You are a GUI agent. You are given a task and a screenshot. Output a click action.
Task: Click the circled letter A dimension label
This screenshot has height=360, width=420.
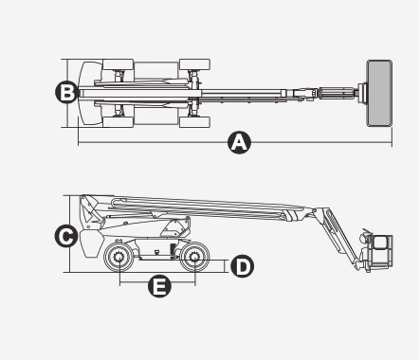click(239, 143)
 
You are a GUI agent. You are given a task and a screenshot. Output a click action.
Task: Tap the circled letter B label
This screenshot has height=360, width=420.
click(66, 92)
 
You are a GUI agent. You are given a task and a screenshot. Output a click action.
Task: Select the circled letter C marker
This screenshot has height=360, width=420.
click(66, 236)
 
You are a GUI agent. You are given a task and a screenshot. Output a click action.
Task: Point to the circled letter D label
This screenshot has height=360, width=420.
click(242, 266)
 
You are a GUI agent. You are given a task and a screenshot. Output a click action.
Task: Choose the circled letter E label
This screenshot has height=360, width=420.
click(159, 286)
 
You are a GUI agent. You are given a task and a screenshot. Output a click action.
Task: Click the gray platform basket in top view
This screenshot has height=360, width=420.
click(379, 94)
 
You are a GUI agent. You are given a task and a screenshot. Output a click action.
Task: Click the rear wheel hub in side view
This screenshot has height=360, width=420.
click(119, 257)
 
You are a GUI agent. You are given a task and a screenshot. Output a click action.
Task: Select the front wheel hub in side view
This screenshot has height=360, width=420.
click(194, 257)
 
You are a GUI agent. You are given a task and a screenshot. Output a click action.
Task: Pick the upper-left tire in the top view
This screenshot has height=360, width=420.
click(118, 64)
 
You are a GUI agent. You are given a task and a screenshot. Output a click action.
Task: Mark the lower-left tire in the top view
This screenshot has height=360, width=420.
click(118, 122)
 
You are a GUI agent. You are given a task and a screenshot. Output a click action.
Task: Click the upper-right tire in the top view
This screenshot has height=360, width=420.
click(194, 64)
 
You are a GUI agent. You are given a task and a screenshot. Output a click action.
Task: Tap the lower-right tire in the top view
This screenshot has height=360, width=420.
click(194, 122)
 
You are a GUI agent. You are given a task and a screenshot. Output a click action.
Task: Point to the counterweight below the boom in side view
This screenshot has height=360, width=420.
click(91, 243)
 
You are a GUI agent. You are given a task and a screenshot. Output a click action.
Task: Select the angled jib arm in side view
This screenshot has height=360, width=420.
click(339, 237)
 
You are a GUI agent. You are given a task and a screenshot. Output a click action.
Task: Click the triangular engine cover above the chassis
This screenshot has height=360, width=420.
click(175, 227)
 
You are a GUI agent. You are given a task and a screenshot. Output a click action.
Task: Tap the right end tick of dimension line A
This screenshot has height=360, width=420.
click(393, 137)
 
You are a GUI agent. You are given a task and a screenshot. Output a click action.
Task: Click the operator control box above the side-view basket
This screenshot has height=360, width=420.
click(366, 236)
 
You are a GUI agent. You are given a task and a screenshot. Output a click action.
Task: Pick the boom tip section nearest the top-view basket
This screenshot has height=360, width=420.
click(338, 94)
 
